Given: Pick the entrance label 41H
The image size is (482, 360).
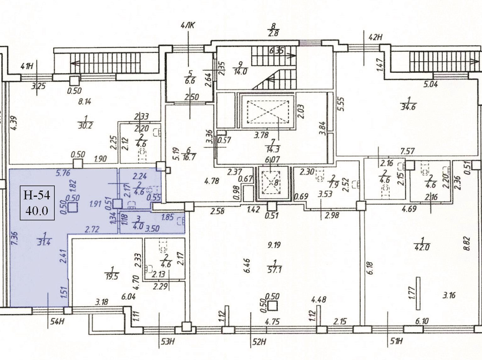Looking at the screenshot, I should coord(27,66).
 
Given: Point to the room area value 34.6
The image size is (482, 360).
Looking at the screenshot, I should coord(408,107).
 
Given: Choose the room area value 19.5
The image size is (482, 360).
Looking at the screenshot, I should coord(112,275).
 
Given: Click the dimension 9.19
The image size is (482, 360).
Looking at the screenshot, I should coord(274,245).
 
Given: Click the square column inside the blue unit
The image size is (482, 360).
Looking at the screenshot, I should coord(73,208).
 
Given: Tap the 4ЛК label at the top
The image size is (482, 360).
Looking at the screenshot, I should coord(188,26).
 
